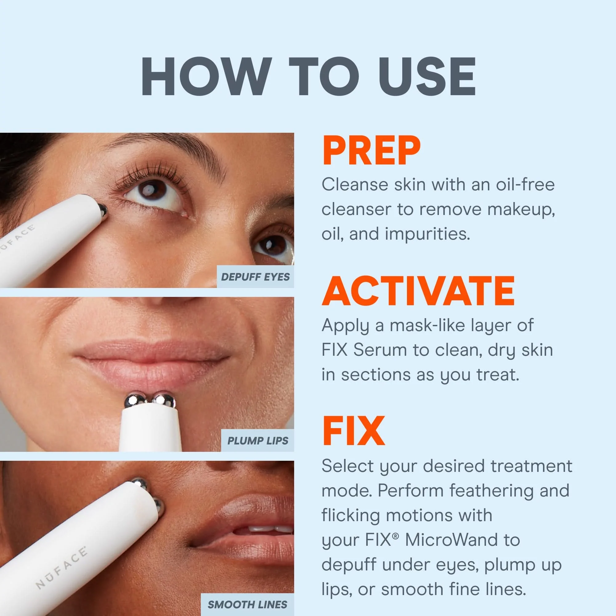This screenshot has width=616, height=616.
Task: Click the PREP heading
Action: [x=371, y=151]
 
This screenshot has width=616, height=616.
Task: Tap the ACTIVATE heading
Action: [x=418, y=291]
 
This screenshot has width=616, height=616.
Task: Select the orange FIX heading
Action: [x=353, y=432]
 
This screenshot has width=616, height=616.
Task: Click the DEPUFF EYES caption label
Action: [x=255, y=277]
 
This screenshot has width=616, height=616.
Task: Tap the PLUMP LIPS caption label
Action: [x=257, y=441]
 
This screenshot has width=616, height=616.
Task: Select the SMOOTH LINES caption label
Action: [x=247, y=604]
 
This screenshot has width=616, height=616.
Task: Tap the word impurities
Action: [x=427, y=234]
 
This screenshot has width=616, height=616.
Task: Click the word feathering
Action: [x=491, y=490]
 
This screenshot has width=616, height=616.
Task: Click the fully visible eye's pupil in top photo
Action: [x=152, y=190]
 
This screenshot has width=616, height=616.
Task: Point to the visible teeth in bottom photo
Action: [x=265, y=529]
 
